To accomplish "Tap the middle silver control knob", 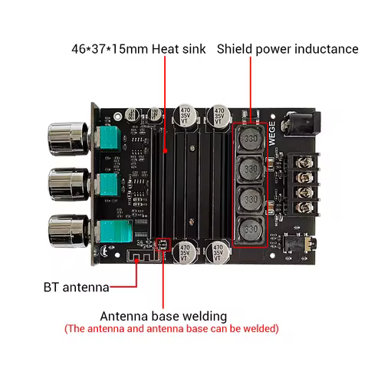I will [64, 185].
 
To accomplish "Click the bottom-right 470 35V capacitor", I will [219, 254].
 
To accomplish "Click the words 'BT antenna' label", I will [76, 287].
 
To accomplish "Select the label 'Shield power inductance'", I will [287, 49].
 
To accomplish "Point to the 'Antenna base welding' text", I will [163, 316].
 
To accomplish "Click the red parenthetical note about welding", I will [171, 329].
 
